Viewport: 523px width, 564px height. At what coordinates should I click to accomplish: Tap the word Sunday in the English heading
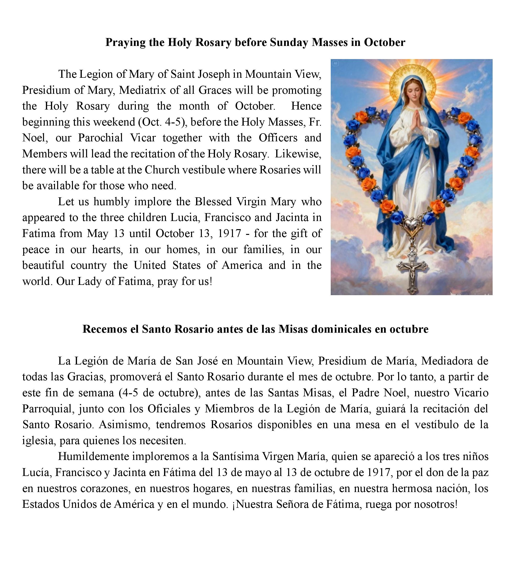[289, 42]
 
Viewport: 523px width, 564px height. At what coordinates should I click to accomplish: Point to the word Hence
[306, 106]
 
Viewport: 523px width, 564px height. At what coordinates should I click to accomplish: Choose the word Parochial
[100, 138]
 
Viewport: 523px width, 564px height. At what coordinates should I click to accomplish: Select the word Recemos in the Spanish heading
[105, 329]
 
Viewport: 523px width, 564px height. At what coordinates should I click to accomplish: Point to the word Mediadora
[446, 361]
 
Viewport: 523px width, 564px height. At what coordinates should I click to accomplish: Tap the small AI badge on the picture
[335, 63]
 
